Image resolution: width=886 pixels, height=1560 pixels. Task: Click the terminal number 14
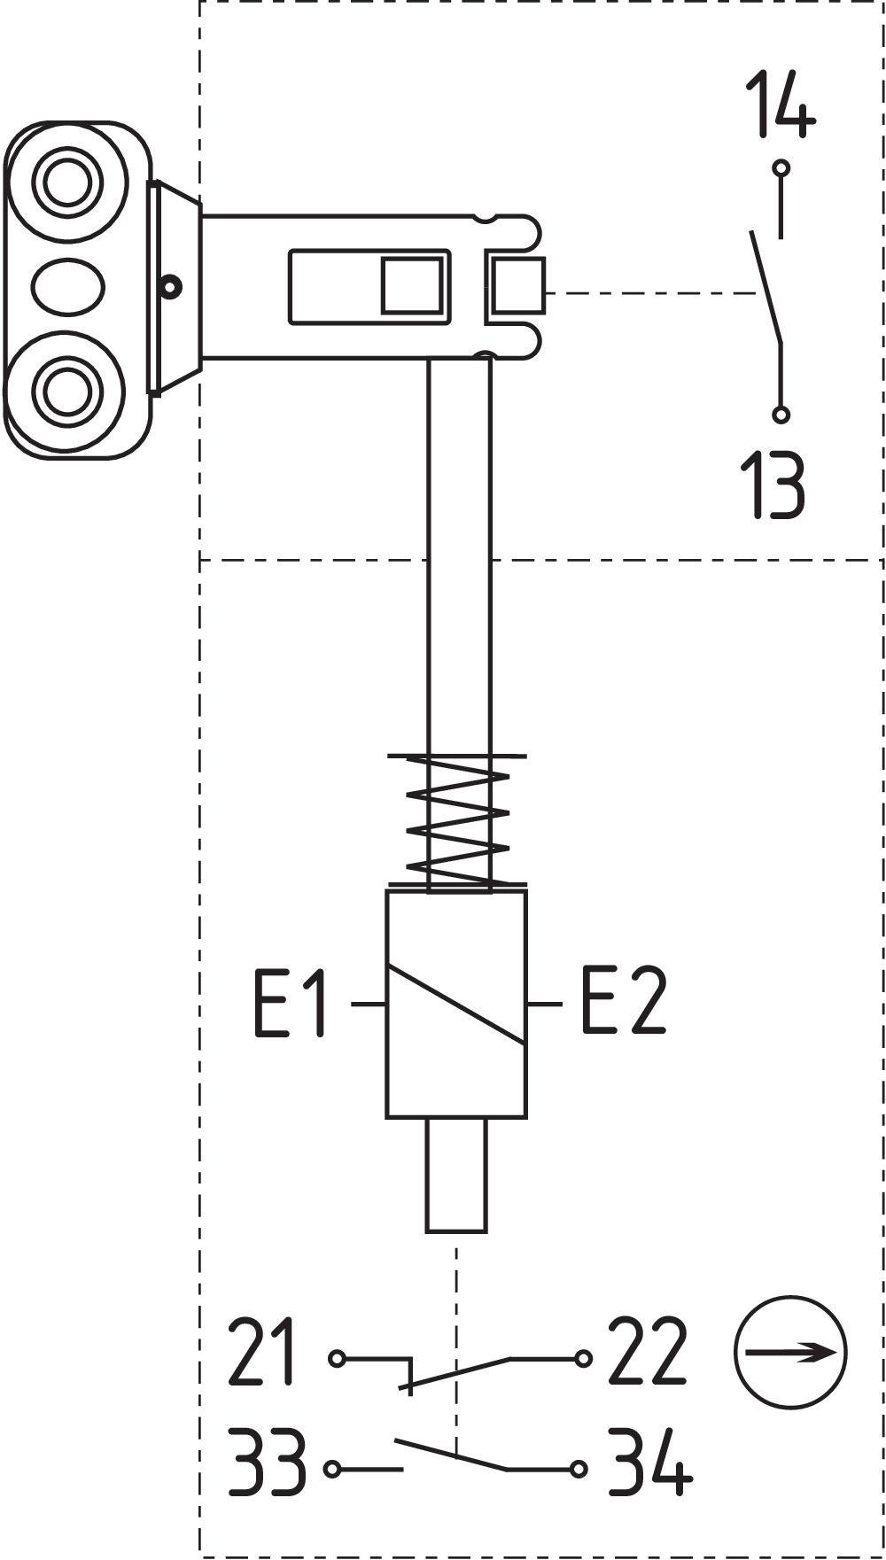pos(780,105)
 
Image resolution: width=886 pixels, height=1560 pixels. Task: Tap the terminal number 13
pos(773,484)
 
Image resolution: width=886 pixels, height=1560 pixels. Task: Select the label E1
pos(291,1003)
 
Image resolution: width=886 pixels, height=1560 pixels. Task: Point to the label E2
pos(623,1001)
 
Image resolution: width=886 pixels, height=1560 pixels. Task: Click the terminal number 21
pos(261,1353)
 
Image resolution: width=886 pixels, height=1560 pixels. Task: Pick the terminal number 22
pos(648,1352)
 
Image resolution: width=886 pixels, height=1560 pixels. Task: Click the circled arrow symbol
pos(790,1352)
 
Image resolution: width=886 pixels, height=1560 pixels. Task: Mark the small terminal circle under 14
pos(781,167)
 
